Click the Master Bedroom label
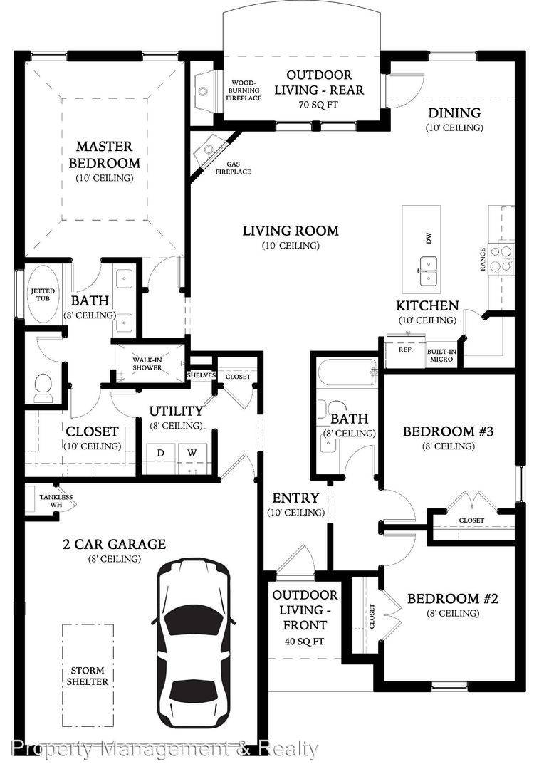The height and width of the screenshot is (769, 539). [105, 155]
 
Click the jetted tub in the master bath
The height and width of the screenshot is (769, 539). [43, 295]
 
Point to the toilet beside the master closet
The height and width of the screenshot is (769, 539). [44, 388]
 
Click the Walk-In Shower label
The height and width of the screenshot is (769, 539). [147, 363]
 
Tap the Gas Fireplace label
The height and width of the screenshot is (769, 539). [234, 168]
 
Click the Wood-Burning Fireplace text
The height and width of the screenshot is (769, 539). [244, 90]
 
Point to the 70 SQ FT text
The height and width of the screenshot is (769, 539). [318, 105]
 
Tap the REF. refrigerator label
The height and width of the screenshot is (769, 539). [406, 350]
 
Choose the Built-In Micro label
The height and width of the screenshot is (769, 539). [441, 355]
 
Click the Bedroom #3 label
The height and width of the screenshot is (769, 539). [448, 431]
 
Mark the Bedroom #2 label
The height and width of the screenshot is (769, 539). [452, 599]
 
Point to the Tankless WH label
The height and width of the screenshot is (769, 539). [56, 501]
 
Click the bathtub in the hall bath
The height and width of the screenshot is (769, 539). [347, 374]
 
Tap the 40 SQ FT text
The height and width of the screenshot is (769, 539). [305, 641]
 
